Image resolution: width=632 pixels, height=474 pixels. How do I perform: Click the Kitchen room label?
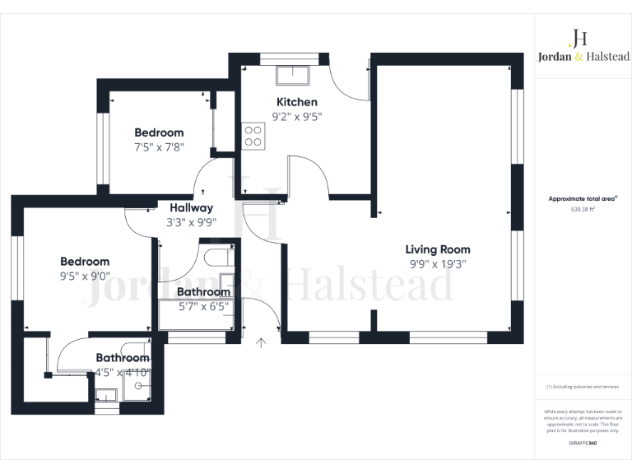pyautogui.click(x=296, y=102)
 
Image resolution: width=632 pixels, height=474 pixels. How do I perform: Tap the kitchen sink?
pyautogui.click(x=293, y=76)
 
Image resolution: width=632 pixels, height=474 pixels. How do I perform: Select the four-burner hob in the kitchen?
pyautogui.click(x=253, y=136)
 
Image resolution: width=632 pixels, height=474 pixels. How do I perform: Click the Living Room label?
pyautogui.click(x=437, y=249)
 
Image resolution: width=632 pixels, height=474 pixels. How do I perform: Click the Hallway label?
pyautogui.click(x=191, y=208)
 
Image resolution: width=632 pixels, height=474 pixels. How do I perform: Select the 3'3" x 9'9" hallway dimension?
pyautogui.click(x=191, y=222)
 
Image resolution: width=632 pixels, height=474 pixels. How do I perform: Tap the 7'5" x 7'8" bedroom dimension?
pyautogui.click(x=159, y=147)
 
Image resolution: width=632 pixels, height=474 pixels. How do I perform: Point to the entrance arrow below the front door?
pyautogui.click(x=263, y=342)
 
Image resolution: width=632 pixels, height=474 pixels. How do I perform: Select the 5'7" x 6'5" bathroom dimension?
pyautogui.click(x=203, y=307)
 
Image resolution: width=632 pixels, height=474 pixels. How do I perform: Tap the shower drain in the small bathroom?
pyautogui.click(x=138, y=384)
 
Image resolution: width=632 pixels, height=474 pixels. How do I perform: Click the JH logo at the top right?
pyautogui.click(x=579, y=38)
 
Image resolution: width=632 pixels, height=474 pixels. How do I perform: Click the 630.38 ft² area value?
pyautogui.click(x=583, y=209)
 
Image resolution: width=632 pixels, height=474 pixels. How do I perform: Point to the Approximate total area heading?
pyautogui.click(x=583, y=199)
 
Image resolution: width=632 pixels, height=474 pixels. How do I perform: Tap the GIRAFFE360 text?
pyautogui.click(x=583, y=444)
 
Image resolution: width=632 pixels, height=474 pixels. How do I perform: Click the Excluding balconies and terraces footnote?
pyautogui.click(x=583, y=386)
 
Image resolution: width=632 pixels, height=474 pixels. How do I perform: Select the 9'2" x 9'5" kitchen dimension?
pyautogui.click(x=296, y=117)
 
